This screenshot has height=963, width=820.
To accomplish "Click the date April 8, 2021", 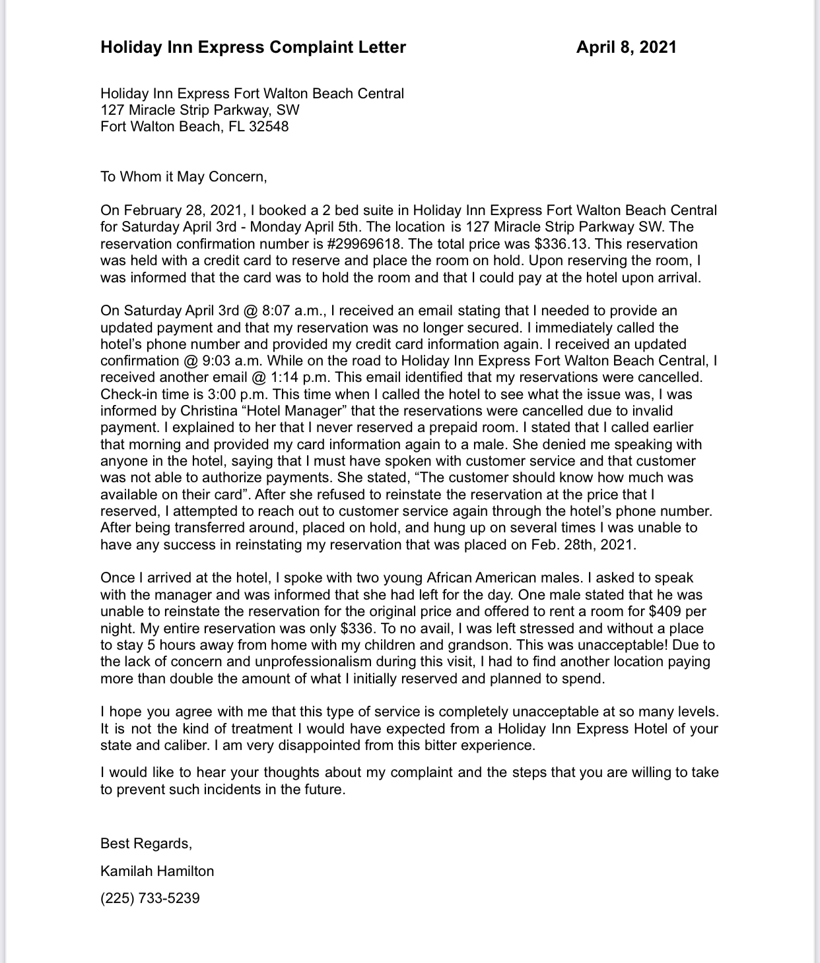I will click(626, 47).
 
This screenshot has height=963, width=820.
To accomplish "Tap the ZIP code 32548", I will click(269, 127).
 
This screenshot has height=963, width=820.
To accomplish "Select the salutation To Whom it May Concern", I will click(184, 177).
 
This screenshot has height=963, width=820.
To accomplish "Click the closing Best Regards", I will click(146, 844).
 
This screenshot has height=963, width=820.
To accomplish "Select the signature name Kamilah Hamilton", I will click(157, 871).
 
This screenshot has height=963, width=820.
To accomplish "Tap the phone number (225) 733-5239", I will click(150, 898).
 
